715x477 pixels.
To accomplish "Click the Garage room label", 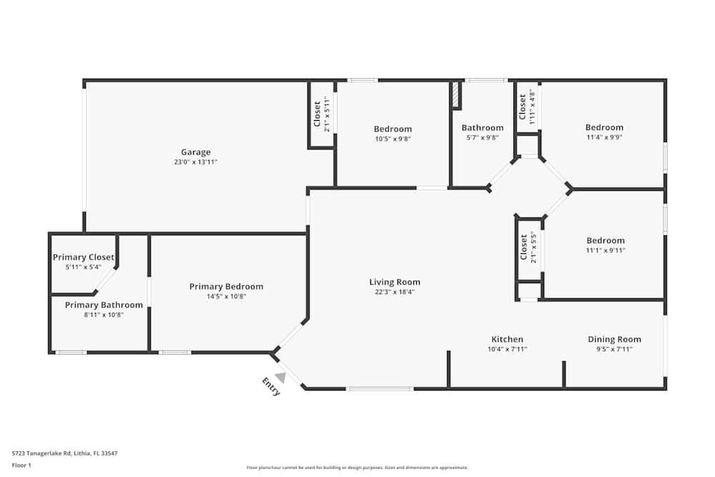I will click(x=195, y=152).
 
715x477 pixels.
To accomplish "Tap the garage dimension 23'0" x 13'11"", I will click(x=195, y=162).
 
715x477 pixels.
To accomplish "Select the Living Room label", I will click(x=395, y=282).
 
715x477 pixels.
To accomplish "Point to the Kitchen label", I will click(x=507, y=339).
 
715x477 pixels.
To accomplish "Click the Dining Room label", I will click(x=614, y=339).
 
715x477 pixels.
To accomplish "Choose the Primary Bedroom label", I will click(x=226, y=286).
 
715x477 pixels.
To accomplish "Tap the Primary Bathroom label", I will click(x=104, y=305).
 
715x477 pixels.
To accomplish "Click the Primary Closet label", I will click(x=83, y=257).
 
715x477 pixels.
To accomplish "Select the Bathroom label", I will click(x=482, y=128).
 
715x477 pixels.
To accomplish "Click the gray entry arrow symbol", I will click(x=280, y=377).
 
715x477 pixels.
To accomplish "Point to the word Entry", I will click(x=272, y=386).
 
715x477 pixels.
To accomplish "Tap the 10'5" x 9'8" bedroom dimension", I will click(x=393, y=139).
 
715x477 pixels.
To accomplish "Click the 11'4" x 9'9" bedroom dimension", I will click(x=604, y=137).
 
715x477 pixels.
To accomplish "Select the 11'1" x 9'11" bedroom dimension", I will click(x=605, y=250).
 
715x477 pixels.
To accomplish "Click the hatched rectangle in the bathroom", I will click(x=455, y=95).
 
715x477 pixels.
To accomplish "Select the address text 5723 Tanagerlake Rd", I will click(x=64, y=453).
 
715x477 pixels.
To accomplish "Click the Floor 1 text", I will click(x=22, y=465).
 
